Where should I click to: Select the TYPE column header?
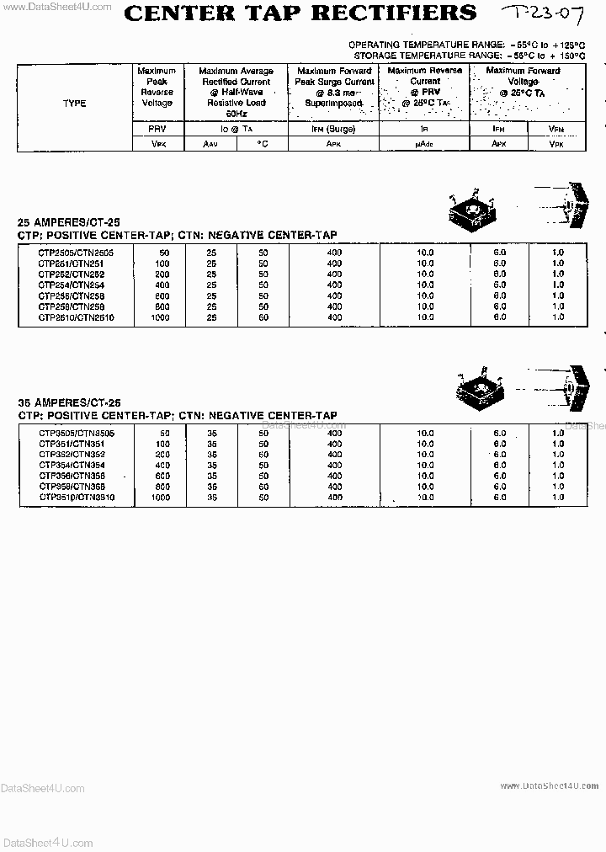tap(74, 104)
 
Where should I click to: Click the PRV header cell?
tap(157, 130)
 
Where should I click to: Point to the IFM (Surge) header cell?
tap(332, 130)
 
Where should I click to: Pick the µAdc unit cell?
tap(423, 144)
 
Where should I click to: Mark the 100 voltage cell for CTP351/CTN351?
tap(162, 443)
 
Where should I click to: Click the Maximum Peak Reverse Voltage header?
tap(157, 88)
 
